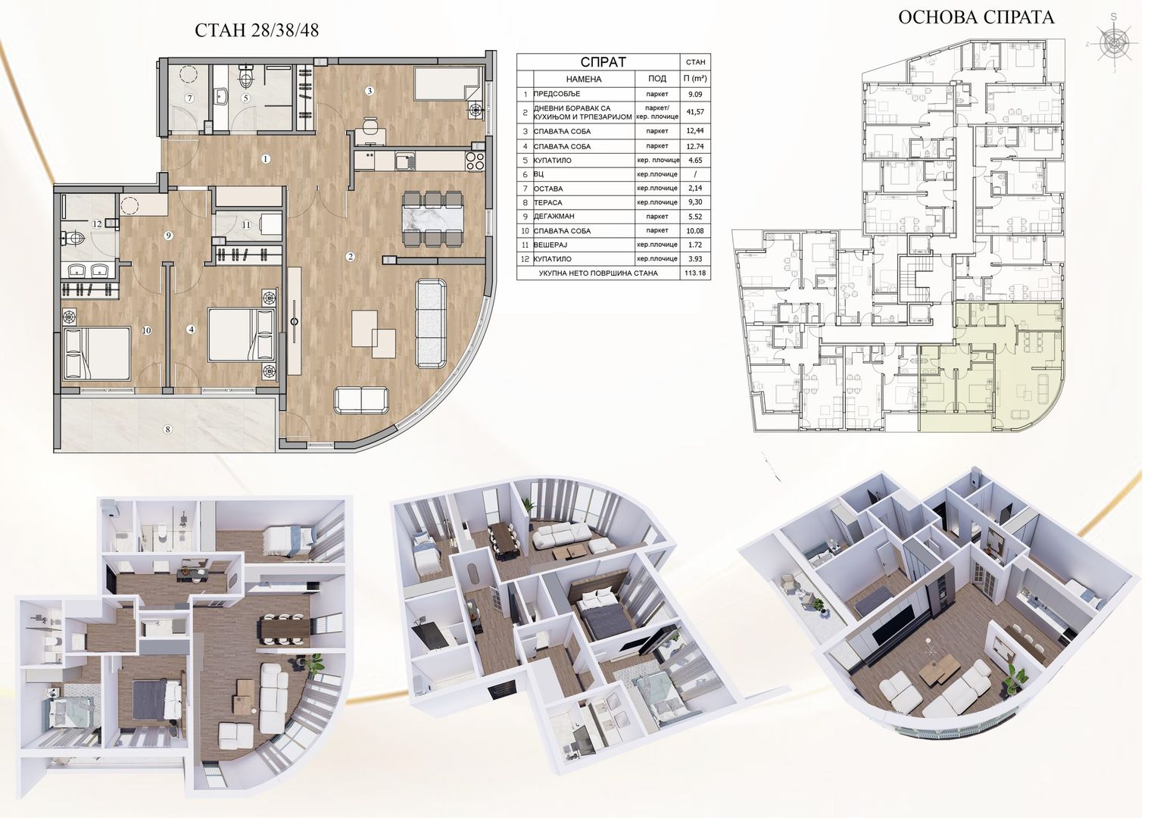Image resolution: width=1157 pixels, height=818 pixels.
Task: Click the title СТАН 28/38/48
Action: point(257,30)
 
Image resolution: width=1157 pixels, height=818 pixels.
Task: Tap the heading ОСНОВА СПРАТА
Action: point(976,17)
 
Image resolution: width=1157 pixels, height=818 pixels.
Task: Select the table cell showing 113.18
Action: point(695,273)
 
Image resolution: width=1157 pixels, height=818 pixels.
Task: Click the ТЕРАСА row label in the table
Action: point(547,202)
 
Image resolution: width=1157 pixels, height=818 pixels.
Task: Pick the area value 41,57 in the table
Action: point(695,111)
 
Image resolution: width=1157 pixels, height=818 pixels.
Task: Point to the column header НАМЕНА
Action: point(584,79)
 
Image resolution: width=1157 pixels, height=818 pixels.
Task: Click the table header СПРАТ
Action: point(603,62)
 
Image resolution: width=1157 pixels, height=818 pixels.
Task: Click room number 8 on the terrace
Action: point(167,429)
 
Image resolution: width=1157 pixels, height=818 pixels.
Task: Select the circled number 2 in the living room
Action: point(351,257)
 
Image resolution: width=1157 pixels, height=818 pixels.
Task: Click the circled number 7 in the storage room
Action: point(189,98)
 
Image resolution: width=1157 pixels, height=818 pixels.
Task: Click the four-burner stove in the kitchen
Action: point(475,161)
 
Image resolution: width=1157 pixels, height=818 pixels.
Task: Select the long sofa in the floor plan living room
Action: point(431,323)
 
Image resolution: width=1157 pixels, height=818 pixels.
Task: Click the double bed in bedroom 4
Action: point(242,334)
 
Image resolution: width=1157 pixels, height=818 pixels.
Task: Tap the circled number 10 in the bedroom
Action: point(147,330)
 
